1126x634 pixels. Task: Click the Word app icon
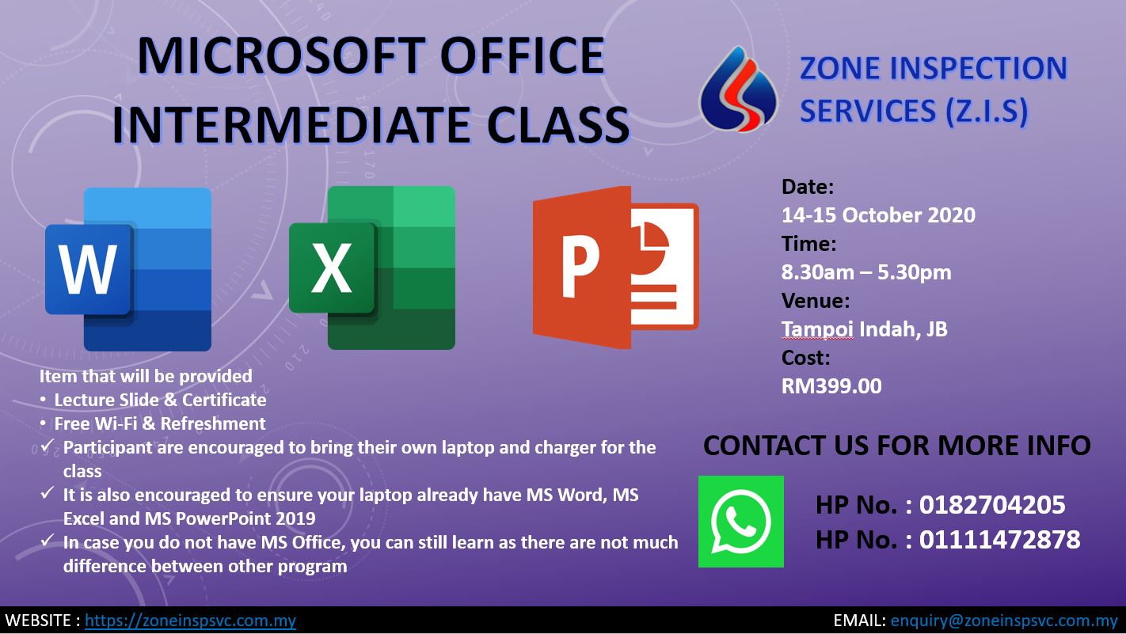(x=128, y=269)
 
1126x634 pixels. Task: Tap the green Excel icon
(x=372, y=268)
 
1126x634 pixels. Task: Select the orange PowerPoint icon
(x=616, y=268)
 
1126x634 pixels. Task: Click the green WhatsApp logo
(x=741, y=522)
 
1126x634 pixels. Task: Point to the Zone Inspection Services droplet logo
(x=738, y=89)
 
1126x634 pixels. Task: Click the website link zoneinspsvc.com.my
(x=190, y=621)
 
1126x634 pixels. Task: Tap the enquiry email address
(x=1004, y=621)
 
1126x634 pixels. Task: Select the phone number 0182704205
(x=992, y=504)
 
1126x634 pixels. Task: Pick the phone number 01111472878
(x=999, y=540)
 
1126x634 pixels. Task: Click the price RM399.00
(x=831, y=385)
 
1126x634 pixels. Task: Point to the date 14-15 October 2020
(x=878, y=215)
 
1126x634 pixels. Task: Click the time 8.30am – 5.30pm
(x=866, y=272)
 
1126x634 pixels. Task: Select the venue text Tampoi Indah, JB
(x=864, y=329)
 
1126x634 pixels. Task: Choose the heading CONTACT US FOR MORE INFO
(x=897, y=445)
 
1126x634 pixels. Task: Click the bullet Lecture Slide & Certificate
(x=160, y=400)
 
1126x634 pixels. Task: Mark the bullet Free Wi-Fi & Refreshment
(x=160, y=423)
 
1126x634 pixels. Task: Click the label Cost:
(x=806, y=358)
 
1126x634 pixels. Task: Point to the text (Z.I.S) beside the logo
(x=987, y=111)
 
